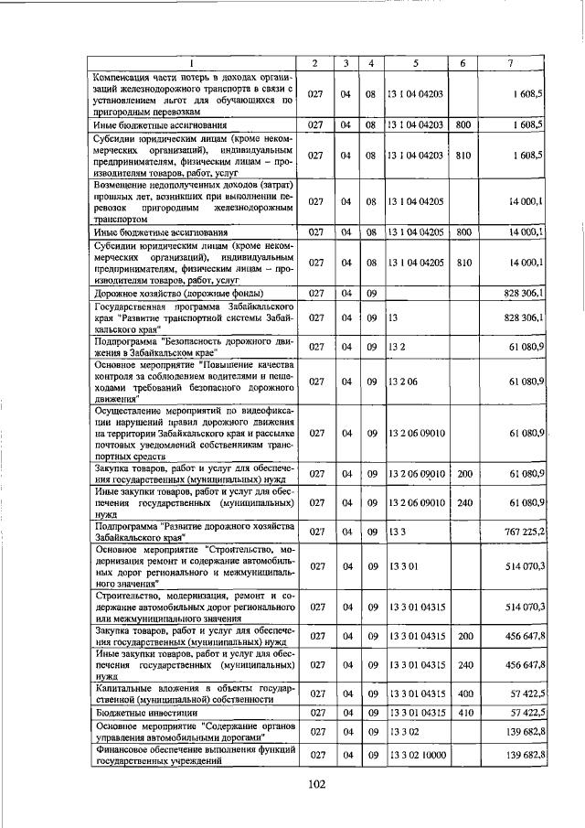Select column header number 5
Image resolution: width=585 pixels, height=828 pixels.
pyautogui.click(x=415, y=63)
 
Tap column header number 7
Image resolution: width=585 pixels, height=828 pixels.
pyautogui.click(x=509, y=63)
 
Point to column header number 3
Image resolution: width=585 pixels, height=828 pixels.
pyautogui.click(x=346, y=63)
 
